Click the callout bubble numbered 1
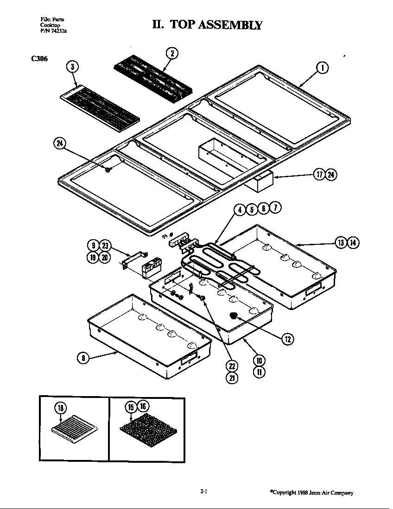(323, 68)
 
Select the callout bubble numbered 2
(171, 53)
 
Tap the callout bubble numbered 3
(72, 67)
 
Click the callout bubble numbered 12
(287, 339)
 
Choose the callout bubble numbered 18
(61, 408)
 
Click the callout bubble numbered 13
(342, 242)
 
